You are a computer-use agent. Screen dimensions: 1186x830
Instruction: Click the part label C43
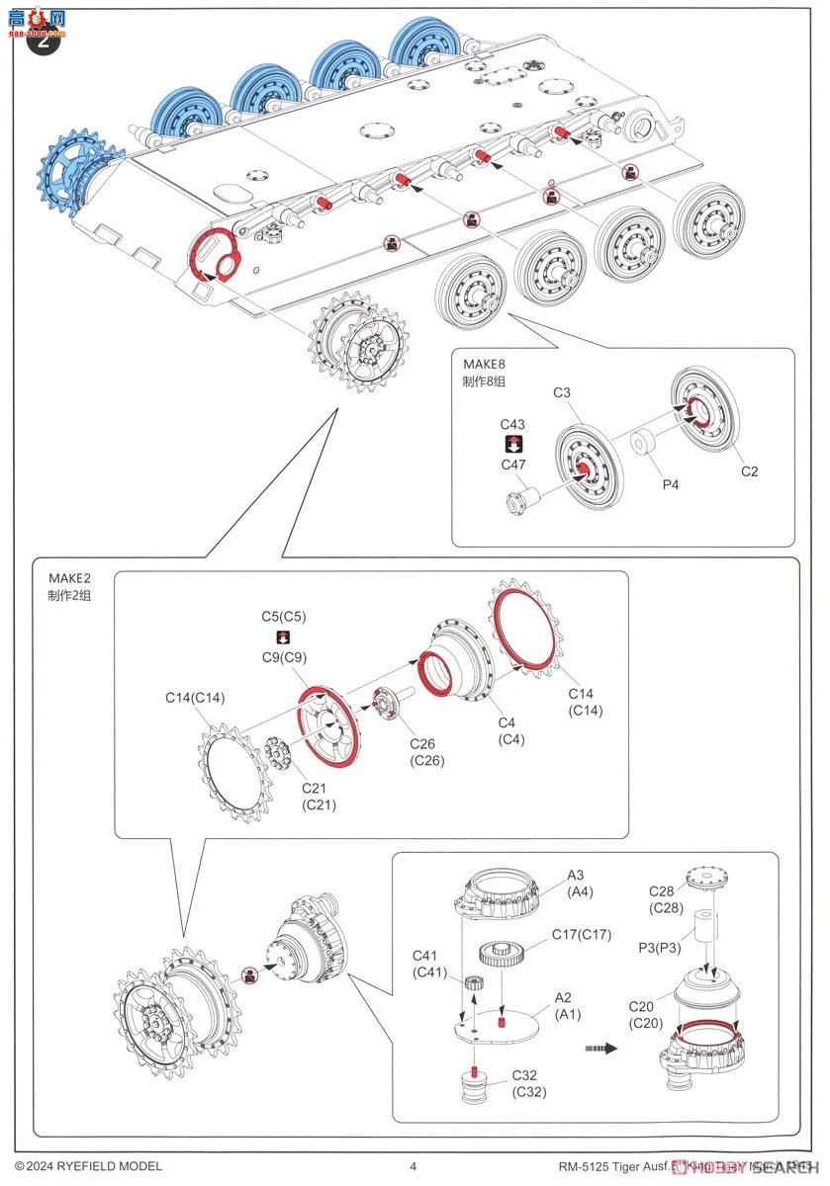point(512,424)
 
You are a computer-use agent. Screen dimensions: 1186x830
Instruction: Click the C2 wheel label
point(750,471)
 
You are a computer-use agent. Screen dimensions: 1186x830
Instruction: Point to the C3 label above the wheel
point(562,393)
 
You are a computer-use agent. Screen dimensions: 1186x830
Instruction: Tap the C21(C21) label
point(319,797)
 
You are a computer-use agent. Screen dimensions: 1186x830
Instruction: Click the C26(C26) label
point(427,751)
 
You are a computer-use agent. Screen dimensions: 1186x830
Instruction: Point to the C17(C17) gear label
point(581,934)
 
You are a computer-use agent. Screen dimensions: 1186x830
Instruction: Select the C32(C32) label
point(528,1082)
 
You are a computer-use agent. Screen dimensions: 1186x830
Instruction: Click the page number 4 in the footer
point(413,1166)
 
